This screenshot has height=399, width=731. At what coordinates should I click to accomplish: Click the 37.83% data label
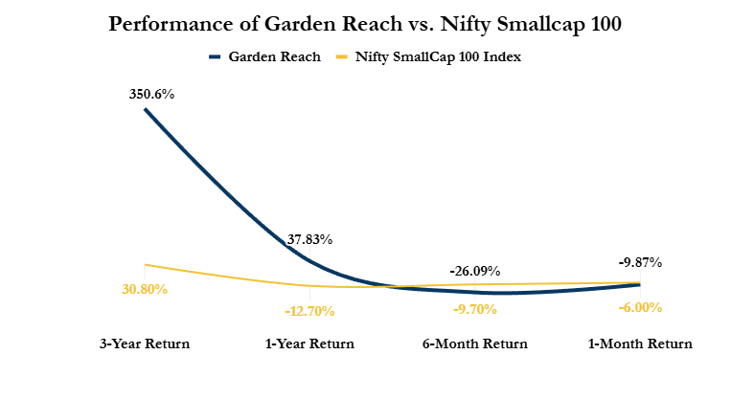tap(309, 239)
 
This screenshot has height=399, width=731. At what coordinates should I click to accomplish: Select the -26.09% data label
tap(474, 272)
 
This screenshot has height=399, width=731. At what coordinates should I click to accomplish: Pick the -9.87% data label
tap(639, 261)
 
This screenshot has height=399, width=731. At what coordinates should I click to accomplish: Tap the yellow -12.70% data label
tap(309, 310)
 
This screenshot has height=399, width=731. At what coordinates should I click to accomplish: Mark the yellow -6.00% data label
tap(641, 307)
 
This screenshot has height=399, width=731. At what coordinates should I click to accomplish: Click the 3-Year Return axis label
tap(145, 344)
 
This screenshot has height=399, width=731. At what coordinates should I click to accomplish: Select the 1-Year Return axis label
tap(309, 344)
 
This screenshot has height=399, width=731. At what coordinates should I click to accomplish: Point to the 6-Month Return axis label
tap(474, 344)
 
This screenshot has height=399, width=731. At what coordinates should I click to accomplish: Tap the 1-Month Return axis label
tap(639, 344)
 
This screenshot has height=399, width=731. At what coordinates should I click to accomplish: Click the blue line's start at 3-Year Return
tap(146, 109)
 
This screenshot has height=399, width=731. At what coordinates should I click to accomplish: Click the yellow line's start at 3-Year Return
tap(146, 264)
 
